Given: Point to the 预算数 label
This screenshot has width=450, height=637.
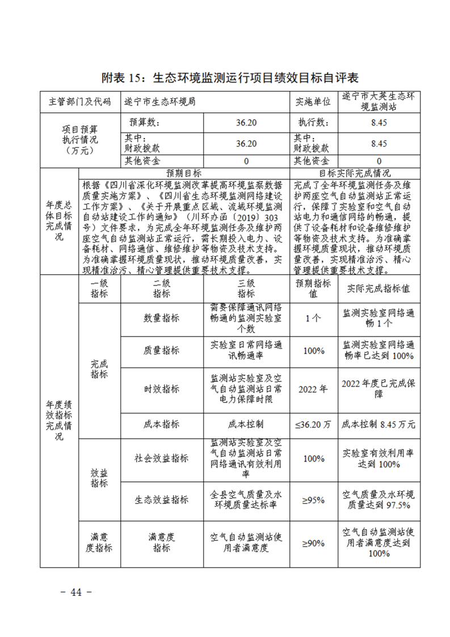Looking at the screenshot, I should click(x=144, y=122).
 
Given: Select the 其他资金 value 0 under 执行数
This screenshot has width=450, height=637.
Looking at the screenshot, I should click(x=379, y=161).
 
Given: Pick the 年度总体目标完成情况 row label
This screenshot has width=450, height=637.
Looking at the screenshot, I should click(x=59, y=221).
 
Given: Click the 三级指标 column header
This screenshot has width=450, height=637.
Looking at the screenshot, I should click(x=246, y=288).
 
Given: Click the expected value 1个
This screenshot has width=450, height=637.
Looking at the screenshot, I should click(x=313, y=318).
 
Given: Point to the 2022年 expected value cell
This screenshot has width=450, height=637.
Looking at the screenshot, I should click(x=313, y=389).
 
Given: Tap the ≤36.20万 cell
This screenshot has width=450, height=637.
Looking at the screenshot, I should click(x=313, y=424).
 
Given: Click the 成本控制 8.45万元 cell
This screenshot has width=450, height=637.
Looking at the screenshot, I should click(x=379, y=424).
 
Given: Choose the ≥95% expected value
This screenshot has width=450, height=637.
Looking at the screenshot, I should click(x=313, y=500).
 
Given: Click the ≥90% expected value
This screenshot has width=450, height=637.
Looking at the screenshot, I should click(x=313, y=543).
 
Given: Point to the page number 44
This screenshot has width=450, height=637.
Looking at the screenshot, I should click(x=76, y=592).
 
